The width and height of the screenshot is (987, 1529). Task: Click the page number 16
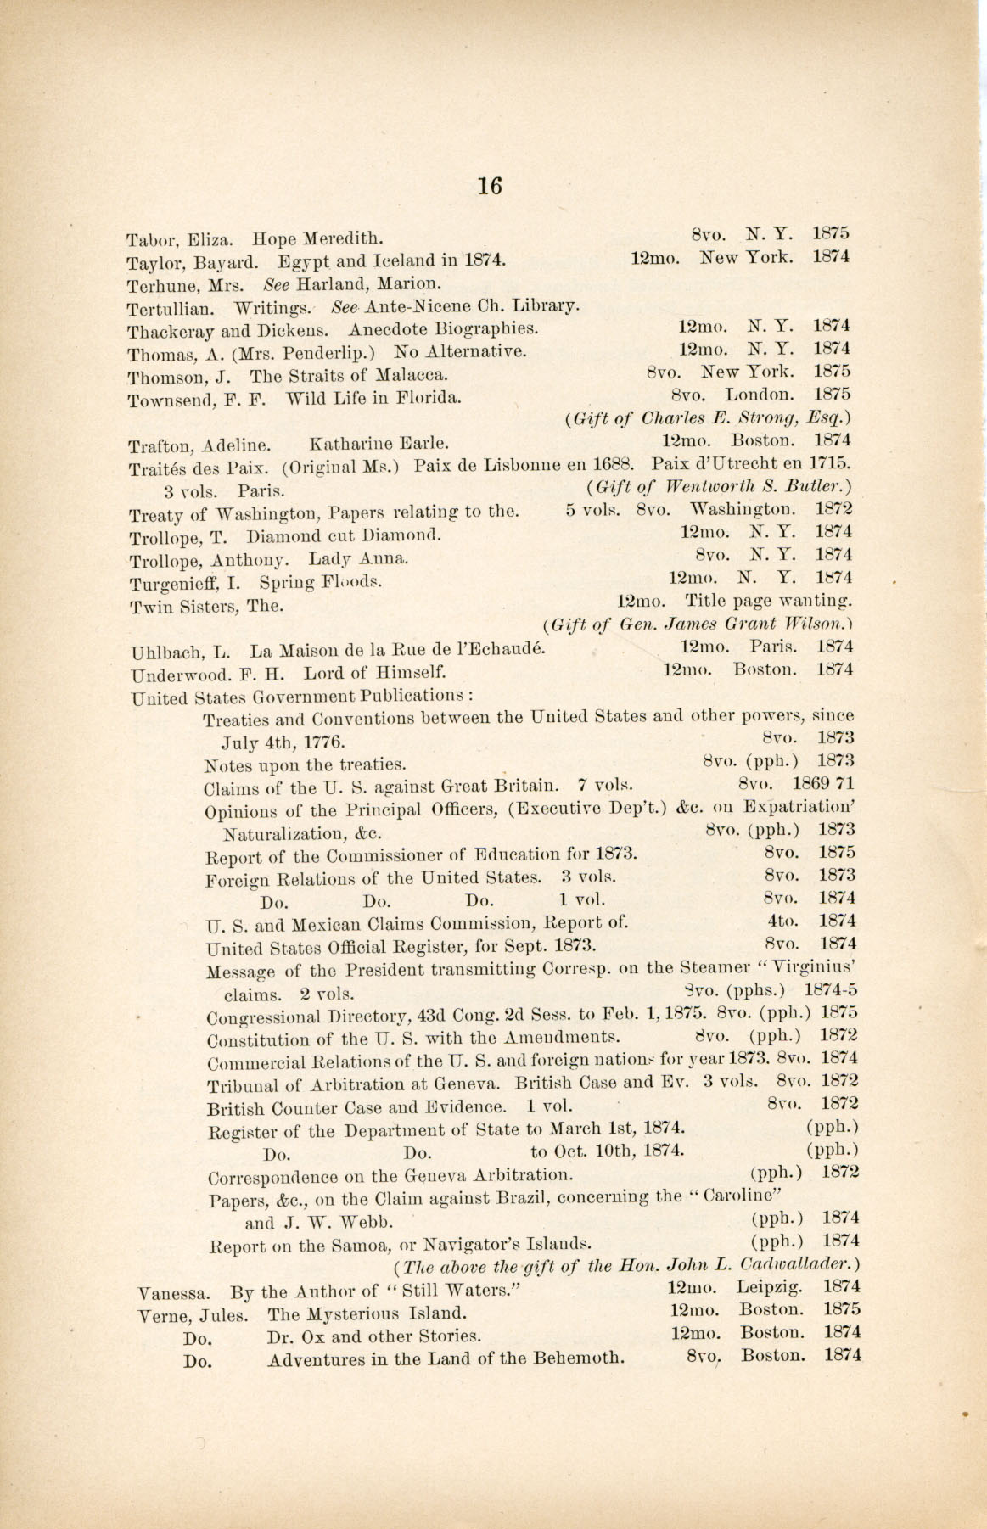[491, 185]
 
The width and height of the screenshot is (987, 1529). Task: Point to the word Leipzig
[771, 1287]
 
